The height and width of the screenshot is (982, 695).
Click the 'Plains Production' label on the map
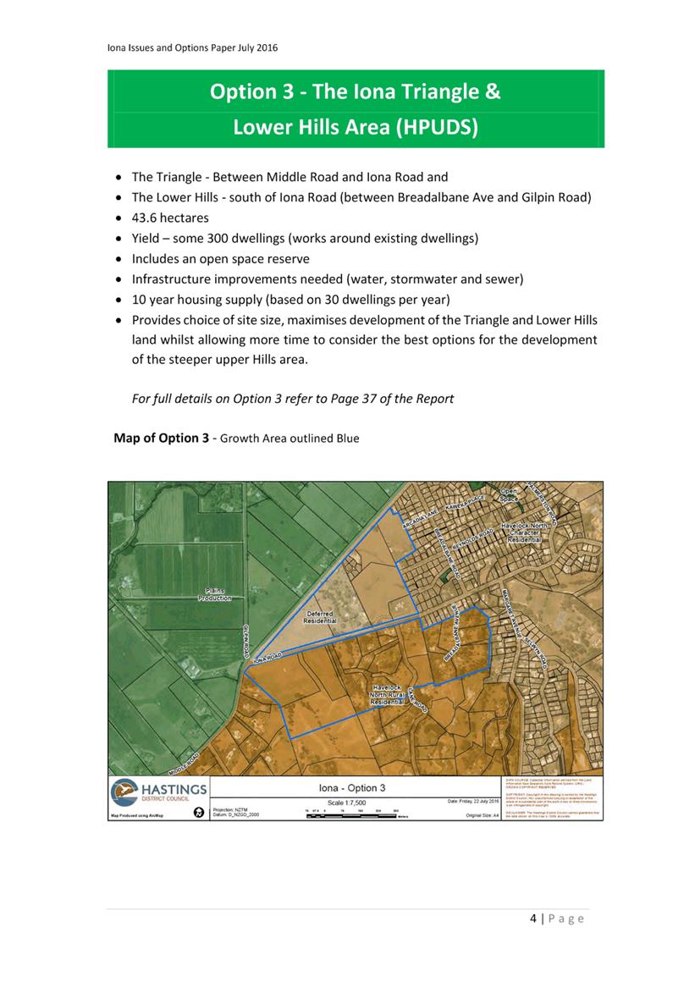(215, 593)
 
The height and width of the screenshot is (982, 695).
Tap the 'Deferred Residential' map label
(320, 617)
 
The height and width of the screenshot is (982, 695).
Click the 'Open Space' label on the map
(509, 495)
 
